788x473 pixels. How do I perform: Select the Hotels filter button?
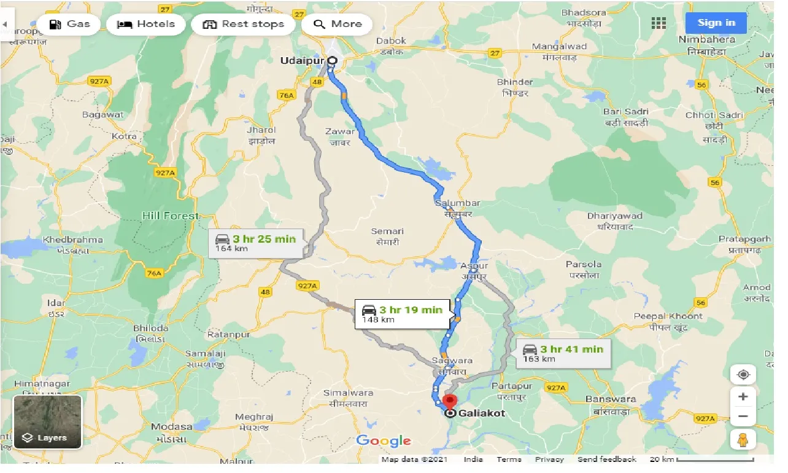coord(145,25)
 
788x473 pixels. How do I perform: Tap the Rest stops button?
coord(244,25)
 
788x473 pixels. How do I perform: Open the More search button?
coord(337,25)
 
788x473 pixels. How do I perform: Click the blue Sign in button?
coord(716,23)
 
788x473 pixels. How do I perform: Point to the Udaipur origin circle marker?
coord(332,60)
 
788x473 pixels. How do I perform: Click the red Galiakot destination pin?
coord(450,402)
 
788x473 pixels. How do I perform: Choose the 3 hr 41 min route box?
coord(563,353)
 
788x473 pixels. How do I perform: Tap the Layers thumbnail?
coord(47,422)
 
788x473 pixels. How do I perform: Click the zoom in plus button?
coord(743,397)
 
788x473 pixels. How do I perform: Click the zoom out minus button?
coord(743,416)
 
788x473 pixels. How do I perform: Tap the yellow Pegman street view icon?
coord(743,440)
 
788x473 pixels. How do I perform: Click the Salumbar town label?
coord(457,203)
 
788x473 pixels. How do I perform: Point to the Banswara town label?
coord(611,399)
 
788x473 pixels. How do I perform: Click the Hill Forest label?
coord(170,216)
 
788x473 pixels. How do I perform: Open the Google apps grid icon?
coord(659,23)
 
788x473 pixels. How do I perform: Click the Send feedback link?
coord(606,459)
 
